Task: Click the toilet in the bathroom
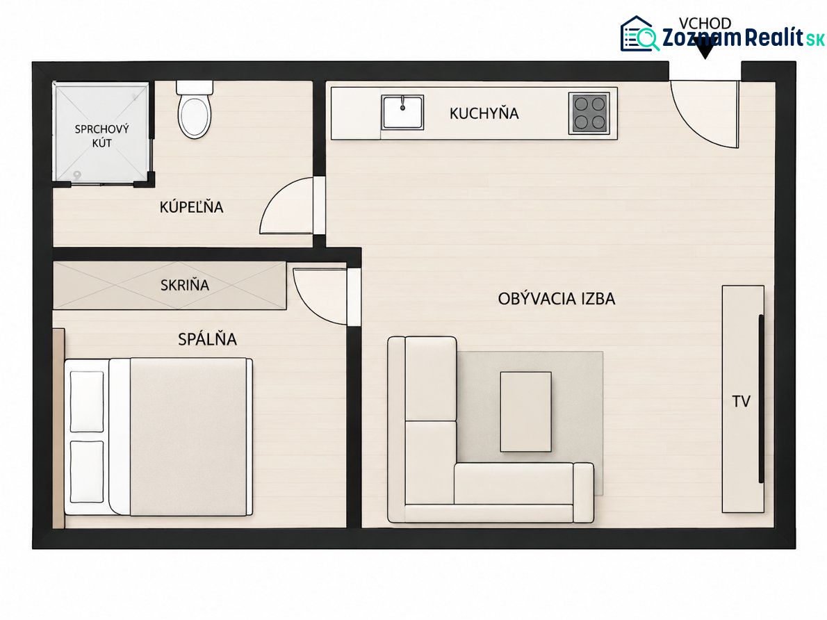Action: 195,109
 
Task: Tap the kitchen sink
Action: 403,113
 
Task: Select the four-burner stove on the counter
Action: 589,113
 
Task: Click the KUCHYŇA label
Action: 484,113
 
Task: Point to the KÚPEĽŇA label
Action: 191,207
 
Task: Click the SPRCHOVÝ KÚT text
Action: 101,136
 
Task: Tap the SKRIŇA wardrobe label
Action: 185,286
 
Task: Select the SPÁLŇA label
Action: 207,339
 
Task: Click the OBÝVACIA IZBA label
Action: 557,299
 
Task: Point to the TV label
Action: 741,402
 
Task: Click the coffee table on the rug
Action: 526,411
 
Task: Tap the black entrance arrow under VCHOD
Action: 705,50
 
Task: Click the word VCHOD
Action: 705,23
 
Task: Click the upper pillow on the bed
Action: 87,402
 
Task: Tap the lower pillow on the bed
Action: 87,472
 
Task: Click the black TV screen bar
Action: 761,398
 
